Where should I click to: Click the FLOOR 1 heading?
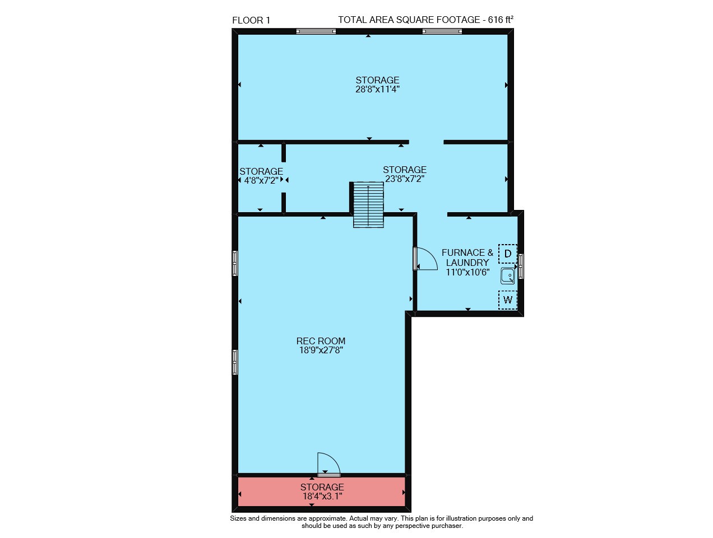pyautogui.click(x=251, y=20)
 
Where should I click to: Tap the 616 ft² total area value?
pyautogui.click(x=500, y=20)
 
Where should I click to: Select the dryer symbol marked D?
pyautogui.click(x=507, y=254)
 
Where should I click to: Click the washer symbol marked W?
pyautogui.click(x=507, y=300)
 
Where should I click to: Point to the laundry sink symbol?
pyautogui.click(x=507, y=276)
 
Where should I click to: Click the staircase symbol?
pyautogui.click(x=368, y=205)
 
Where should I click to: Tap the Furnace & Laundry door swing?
pyautogui.click(x=426, y=259)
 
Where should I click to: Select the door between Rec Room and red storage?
pyautogui.click(x=328, y=464)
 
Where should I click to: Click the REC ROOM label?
pyautogui.click(x=321, y=341)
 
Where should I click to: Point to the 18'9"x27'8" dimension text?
pyautogui.click(x=321, y=350)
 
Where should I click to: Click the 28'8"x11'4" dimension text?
pyautogui.click(x=377, y=89)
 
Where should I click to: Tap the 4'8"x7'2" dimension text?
pyautogui.click(x=261, y=180)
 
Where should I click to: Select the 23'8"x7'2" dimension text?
pyautogui.click(x=404, y=179)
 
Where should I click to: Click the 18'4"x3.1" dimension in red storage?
pyautogui.click(x=322, y=496)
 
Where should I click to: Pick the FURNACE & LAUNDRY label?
pyautogui.click(x=467, y=258)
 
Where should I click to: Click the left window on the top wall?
pyautogui.click(x=316, y=31)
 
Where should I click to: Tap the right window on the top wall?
pyautogui.click(x=442, y=31)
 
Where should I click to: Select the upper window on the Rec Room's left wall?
pyautogui.click(x=234, y=263)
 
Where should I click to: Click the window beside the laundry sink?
pyautogui.click(x=520, y=266)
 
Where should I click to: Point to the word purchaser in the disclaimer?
pyautogui.click(x=448, y=526)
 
